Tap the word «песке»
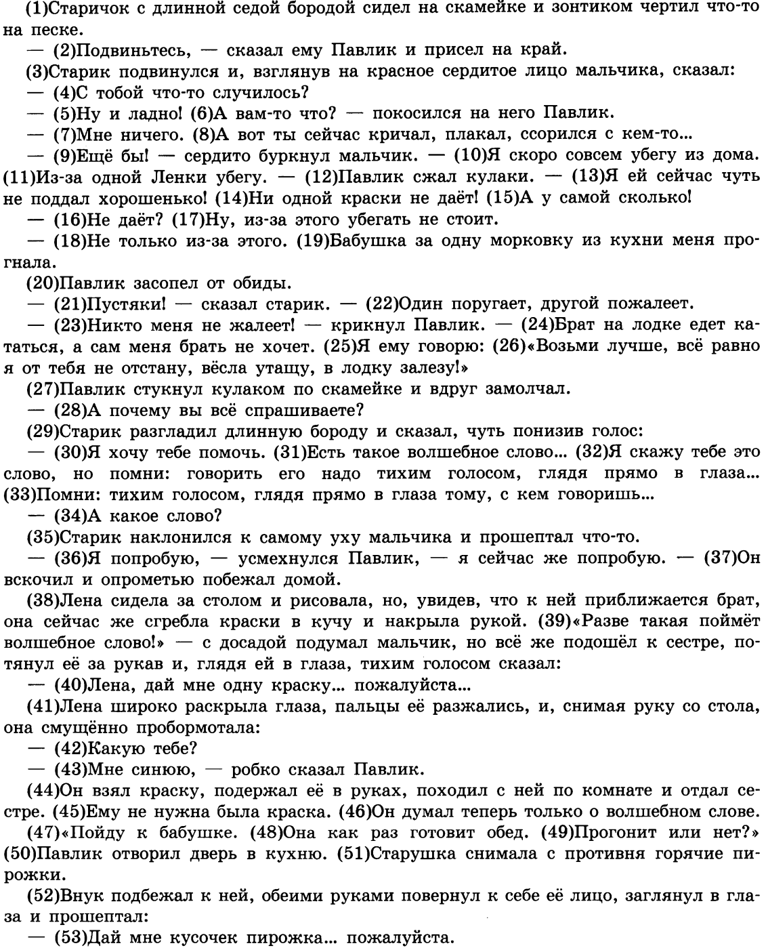[51, 30]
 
